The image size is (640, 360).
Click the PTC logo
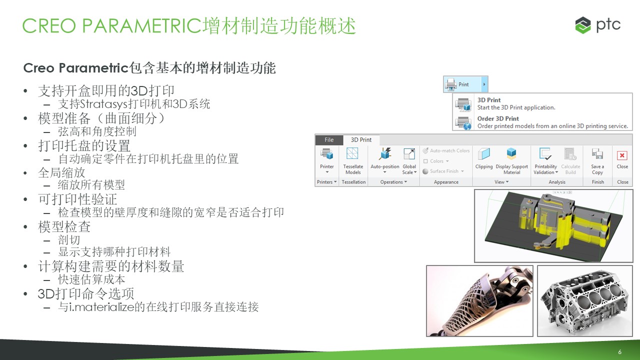597,25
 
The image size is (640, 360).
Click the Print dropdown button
465,84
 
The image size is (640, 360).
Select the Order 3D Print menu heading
498,118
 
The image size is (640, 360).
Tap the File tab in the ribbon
329,139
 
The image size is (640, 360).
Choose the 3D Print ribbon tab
361,139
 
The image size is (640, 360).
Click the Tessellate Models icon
352,153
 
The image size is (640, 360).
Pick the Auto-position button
385,160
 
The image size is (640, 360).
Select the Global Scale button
409,160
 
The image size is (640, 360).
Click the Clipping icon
483,154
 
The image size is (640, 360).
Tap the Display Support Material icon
511,153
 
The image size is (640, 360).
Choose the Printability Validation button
545,160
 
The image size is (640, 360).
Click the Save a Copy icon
597,154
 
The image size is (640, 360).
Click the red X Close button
622,155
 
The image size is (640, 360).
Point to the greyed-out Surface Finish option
443,171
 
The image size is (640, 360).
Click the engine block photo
585,301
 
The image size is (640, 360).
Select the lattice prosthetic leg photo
479,301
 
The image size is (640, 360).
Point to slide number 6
619,351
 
